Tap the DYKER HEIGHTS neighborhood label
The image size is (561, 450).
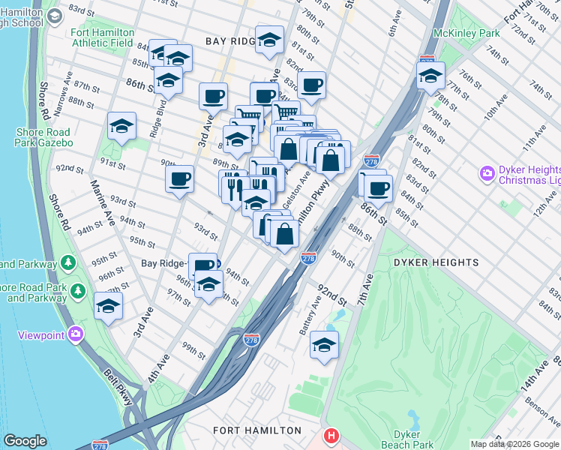click(435, 262)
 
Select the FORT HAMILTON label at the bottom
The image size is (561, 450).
click(256, 430)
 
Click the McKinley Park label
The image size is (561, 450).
click(466, 34)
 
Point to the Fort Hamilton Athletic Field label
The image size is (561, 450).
click(103, 37)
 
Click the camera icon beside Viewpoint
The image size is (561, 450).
click(75, 334)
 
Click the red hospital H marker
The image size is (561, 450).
click(330, 436)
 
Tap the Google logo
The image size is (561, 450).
click(25, 442)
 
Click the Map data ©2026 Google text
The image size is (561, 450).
click(514, 444)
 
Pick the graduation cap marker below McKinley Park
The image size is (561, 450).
click(430, 76)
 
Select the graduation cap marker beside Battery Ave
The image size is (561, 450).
click(324, 345)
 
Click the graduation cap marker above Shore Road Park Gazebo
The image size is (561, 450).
click(121, 126)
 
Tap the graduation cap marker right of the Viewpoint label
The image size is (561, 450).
click(109, 306)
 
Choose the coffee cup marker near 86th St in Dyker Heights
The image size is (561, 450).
click(378, 187)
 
